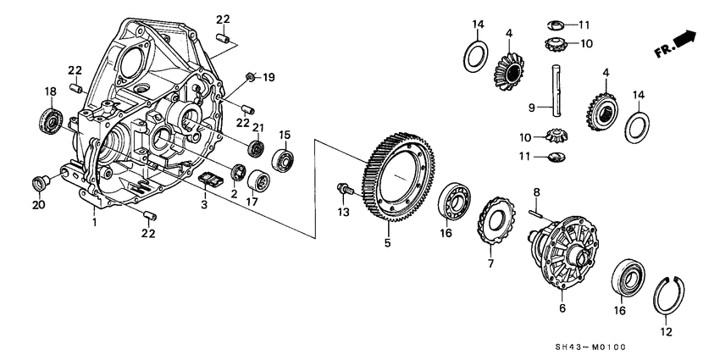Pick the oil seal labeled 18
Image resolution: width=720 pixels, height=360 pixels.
click(50, 119)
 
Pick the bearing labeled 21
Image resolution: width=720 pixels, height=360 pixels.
click(252, 149)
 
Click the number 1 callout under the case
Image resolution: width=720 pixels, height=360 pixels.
click(95, 223)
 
